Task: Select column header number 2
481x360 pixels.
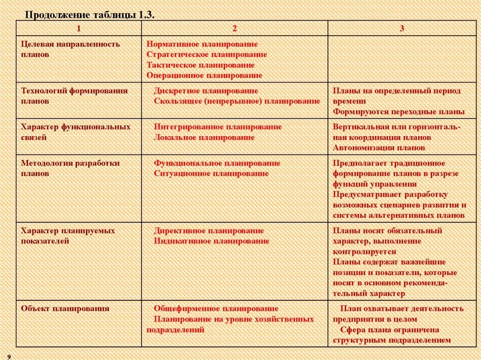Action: point(234,28)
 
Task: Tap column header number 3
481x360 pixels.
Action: point(402,28)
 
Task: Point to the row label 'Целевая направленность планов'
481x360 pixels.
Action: point(70,49)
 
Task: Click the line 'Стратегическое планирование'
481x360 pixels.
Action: point(207,54)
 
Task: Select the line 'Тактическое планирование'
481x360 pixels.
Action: point(201,65)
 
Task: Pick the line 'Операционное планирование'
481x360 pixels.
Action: point(204,75)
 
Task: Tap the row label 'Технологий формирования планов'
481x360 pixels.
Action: point(74,96)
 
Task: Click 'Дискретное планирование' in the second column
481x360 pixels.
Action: point(206,91)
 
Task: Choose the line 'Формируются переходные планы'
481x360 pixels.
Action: point(399,112)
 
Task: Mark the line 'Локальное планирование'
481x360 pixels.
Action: point(204,137)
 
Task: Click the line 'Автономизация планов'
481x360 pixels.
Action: point(379,147)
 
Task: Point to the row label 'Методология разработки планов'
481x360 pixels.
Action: point(70,168)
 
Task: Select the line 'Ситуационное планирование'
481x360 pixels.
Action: point(211,173)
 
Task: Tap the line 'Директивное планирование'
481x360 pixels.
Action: point(209,230)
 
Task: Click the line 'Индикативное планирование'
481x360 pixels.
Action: point(211,241)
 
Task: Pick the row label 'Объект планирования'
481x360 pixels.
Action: point(65,308)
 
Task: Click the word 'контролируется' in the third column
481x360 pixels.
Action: point(365,252)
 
